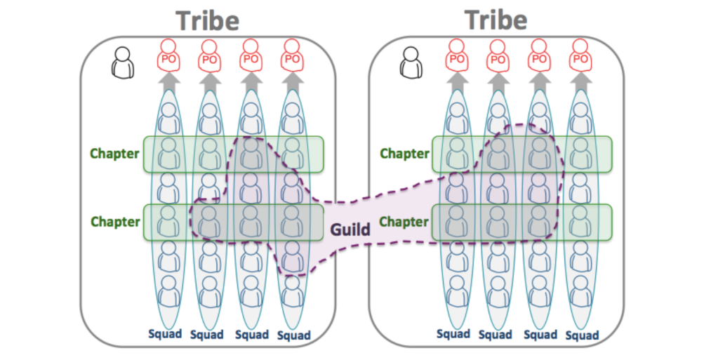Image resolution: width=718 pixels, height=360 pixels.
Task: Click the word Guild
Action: coord(351,228)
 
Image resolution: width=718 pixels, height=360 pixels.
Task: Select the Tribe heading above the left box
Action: coord(208,20)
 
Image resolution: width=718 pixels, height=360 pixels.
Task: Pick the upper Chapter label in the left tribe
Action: coord(115,154)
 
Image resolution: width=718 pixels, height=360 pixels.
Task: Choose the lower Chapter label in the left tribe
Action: coord(115,222)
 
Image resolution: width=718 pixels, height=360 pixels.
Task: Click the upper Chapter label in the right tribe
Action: coord(404,154)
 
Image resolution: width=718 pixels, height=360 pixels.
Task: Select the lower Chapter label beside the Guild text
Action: coord(404,222)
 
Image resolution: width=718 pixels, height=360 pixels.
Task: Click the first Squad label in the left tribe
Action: coord(166,333)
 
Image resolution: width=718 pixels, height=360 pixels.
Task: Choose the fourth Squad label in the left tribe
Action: coord(293,335)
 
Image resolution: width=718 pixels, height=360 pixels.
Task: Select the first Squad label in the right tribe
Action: coord(453,333)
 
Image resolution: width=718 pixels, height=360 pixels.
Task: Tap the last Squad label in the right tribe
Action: coord(582,335)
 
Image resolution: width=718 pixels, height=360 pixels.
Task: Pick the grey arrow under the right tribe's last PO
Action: coord(580,82)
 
